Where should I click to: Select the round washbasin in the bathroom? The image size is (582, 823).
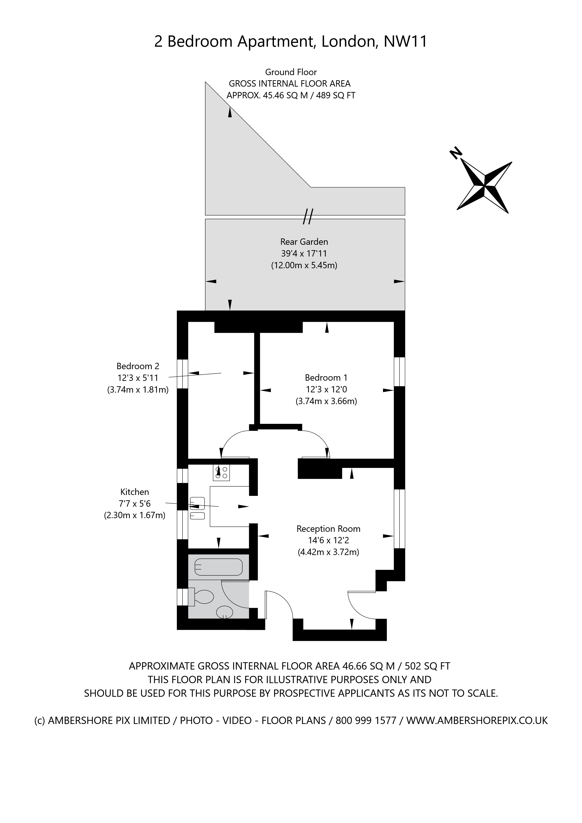pyautogui.click(x=225, y=612)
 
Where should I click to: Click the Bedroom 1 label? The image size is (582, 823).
pyautogui.click(x=326, y=377)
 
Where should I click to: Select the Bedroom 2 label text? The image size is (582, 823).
pyautogui.click(x=138, y=366)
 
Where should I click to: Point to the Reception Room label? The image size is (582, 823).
pyautogui.click(x=328, y=529)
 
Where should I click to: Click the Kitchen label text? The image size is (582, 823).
pyautogui.click(x=134, y=492)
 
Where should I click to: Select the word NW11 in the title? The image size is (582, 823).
pyautogui.click(x=405, y=42)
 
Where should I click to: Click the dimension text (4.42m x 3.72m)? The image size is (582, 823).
pyautogui.click(x=328, y=552)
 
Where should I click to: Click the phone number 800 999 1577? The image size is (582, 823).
pyautogui.click(x=365, y=720)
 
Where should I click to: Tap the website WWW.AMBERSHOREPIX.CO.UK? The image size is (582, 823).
pyautogui.click(x=477, y=720)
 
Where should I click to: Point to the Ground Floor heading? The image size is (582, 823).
pyautogui.click(x=291, y=72)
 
